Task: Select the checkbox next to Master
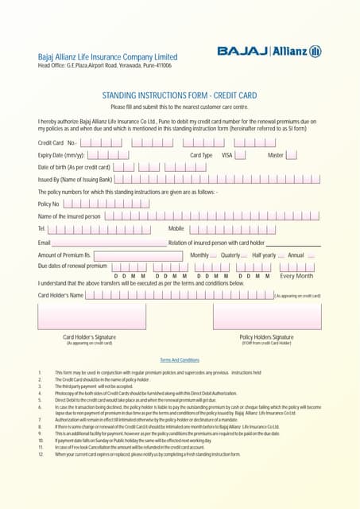click(291, 155)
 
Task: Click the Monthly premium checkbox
click(213, 255)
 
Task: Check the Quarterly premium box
click(244, 255)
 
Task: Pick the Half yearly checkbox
click(281, 255)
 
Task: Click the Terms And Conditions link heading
click(180, 360)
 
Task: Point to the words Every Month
click(296, 276)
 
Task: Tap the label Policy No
click(49, 204)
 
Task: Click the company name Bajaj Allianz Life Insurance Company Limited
click(108, 57)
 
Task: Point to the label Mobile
click(176, 229)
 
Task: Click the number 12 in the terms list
click(40, 454)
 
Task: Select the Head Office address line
click(105, 65)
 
